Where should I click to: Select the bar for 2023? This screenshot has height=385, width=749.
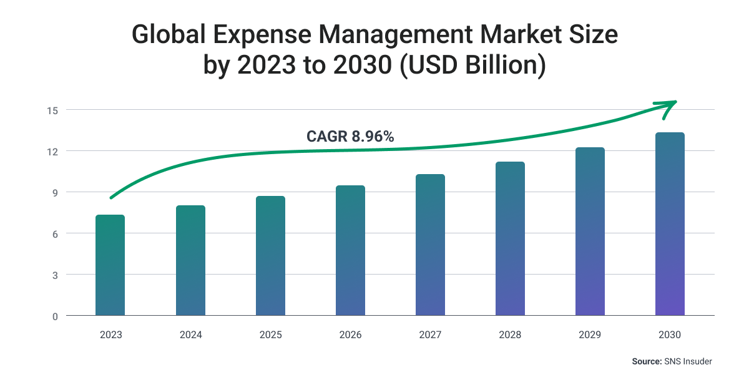click(x=110, y=265)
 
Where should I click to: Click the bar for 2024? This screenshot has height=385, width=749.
click(x=190, y=261)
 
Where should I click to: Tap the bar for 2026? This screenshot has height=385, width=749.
click(x=350, y=250)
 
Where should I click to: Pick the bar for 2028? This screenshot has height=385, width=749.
click(x=510, y=239)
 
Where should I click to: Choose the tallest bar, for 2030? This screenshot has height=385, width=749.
click(x=670, y=224)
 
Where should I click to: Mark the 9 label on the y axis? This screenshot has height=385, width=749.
click(x=54, y=193)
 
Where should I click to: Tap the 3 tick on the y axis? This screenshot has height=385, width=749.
click(x=54, y=275)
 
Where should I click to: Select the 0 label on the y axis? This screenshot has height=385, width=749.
click(x=54, y=316)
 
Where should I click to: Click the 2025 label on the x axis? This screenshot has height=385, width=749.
click(x=270, y=335)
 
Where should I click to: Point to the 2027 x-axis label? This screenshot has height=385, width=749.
click(x=430, y=335)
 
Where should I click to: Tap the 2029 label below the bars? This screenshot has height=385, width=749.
click(x=590, y=335)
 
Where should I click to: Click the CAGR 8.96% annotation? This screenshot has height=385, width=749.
click(x=350, y=137)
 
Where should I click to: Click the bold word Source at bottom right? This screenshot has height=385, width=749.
click(x=646, y=361)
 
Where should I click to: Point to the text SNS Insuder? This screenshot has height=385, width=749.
click(x=688, y=361)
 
